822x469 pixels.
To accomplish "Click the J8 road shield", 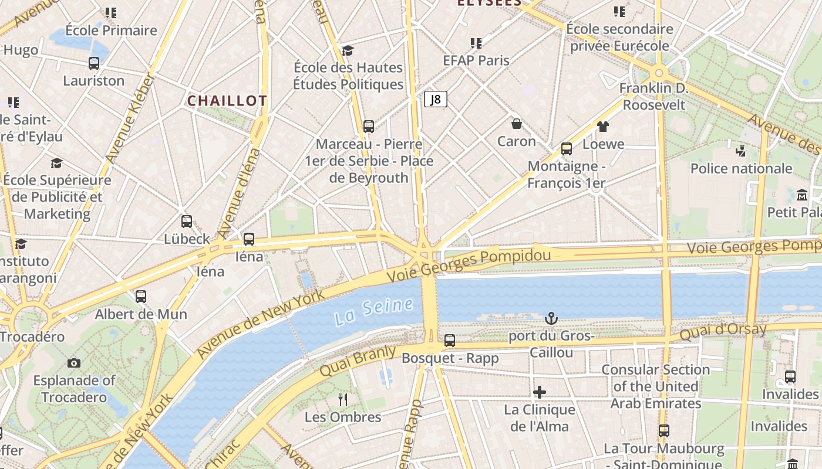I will [x=435, y=99].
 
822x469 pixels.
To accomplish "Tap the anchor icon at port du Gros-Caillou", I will [x=551, y=318].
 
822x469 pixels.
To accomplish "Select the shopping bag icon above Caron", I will [x=517, y=124].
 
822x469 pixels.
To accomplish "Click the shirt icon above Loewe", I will [x=602, y=126].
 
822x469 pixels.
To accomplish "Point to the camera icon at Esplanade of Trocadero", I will [x=73, y=363].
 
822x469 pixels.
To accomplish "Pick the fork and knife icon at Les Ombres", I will [x=343, y=400].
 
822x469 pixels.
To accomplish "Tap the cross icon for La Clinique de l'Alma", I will [x=539, y=392].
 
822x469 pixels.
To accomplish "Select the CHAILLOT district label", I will [x=227, y=101].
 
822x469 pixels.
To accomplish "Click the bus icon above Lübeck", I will [x=187, y=222].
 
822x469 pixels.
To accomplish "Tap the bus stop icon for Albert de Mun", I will [x=141, y=297].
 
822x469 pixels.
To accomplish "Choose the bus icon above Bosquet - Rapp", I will [x=450, y=340].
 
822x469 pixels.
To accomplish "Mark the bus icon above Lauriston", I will [x=94, y=63].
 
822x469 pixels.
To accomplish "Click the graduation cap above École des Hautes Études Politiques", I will [x=348, y=50].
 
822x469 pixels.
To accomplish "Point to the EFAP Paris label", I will [x=476, y=60].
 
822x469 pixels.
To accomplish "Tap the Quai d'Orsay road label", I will [x=723, y=331].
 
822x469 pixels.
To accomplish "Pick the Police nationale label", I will [x=741, y=169].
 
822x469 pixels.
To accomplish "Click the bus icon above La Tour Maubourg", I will [x=664, y=431].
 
